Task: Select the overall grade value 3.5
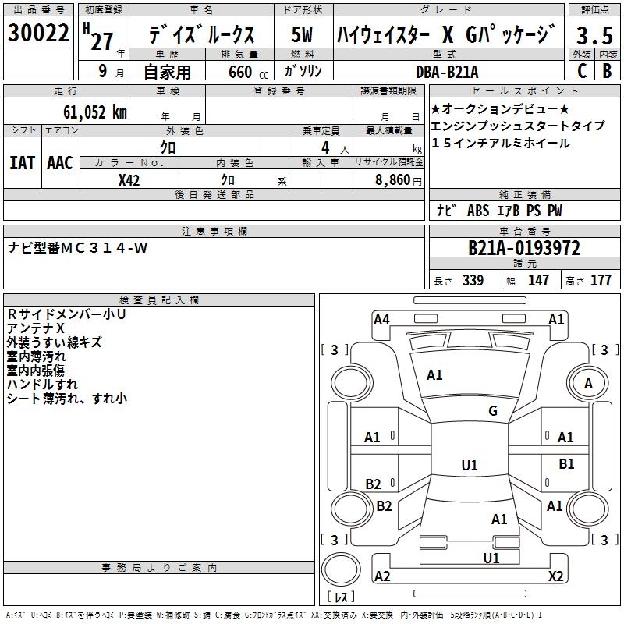[x=594, y=36]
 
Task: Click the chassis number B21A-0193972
[x=524, y=249]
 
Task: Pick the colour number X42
[x=129, y=180]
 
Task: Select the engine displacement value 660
[x=239, y=73]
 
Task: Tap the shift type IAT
[x=23, y=162]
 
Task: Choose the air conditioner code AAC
[x=60, y=162]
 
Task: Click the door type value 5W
[x=302, y=35]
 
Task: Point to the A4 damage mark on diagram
[x=381, y=319]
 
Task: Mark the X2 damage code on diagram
[x=555, y=576]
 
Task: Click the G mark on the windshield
[x=493, y=411]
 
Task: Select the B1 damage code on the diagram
[x=566, y=464]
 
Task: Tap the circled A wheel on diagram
[x=588, y=383]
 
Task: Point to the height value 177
[x=601, y=281]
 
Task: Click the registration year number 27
[x=102, y=41]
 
